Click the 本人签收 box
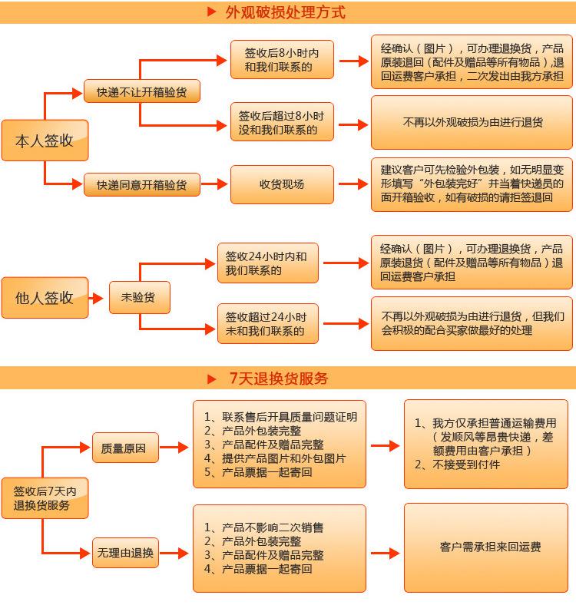(45, 140)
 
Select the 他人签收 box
(45, 297)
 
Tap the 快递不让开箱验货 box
(141, 91)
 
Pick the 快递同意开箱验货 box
(141, 184)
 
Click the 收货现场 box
(282, 184)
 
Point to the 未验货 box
(139, 297)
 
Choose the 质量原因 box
(125, 448)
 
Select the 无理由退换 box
(125, 553)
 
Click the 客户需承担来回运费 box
(486, 547)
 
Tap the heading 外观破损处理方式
(285, 12)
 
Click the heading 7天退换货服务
(279, 378)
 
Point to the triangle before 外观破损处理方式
(211, 12)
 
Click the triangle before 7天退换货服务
(211, 379)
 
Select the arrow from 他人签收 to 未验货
(96, 298)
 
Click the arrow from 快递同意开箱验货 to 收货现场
(214, 184)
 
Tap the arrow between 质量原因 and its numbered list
(174, 447)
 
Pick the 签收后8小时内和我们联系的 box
(282, 59)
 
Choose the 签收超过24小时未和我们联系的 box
(268, 323)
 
